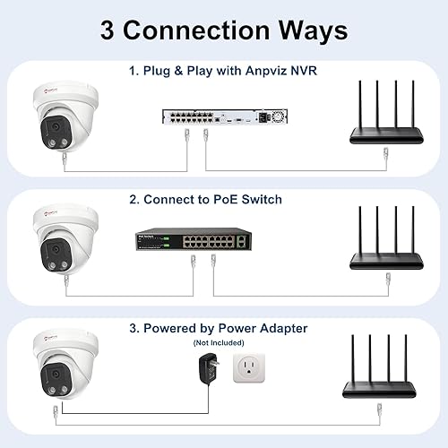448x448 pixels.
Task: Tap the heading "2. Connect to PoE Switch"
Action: (x=223, y=200)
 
